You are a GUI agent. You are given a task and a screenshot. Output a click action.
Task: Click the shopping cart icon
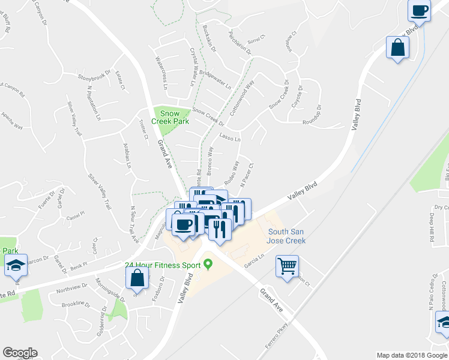288,265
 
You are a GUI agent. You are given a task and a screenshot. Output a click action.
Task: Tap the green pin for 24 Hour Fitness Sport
208,263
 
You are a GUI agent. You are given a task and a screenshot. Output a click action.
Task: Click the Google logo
20,353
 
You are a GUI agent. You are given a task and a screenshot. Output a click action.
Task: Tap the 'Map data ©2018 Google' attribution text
411,355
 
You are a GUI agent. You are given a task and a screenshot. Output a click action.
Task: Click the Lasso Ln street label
230,139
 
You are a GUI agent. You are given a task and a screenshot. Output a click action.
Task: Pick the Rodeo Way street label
231,172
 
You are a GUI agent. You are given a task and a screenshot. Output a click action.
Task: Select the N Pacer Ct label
247,174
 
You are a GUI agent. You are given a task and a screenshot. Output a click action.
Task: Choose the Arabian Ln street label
127,157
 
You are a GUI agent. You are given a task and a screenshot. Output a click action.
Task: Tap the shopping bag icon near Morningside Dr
137,278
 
